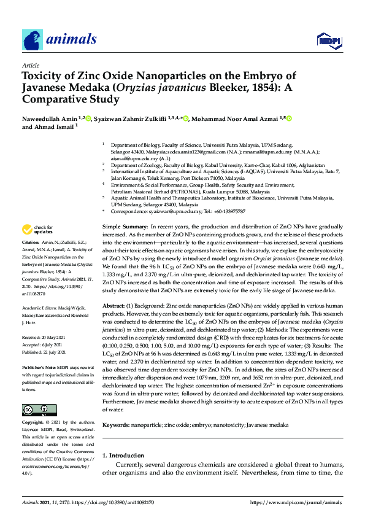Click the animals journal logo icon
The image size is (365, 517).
[33, 40]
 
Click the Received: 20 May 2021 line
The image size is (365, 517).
[51, 336]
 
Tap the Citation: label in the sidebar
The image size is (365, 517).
[31, 260]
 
